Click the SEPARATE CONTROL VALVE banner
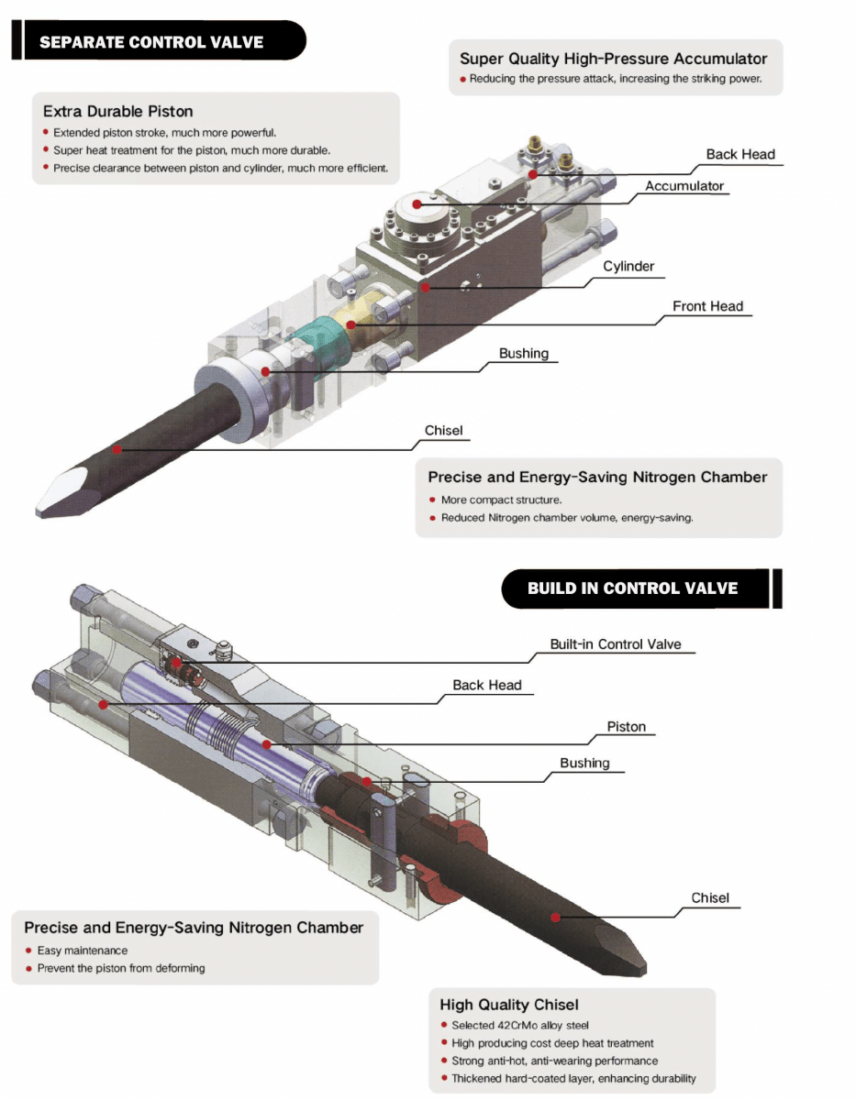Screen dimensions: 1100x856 [151, 42]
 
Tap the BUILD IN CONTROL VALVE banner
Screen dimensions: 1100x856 [632, 588]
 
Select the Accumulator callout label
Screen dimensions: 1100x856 [684, 186]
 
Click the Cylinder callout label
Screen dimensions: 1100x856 [628, 267]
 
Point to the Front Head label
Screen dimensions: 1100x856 [707, 306]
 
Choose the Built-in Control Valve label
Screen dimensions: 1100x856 [616, 644]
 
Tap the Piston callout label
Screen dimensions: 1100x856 [627, 727]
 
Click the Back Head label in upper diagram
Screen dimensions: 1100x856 [740, 154]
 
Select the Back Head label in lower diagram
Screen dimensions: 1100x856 [486, 685]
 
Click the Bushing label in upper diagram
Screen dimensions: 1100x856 [523, 353]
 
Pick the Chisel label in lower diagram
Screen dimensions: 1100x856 [710, 897]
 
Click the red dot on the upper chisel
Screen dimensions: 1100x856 [117, 449]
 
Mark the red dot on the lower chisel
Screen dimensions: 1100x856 [556, 917]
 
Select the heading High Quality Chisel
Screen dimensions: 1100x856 [508, 1005]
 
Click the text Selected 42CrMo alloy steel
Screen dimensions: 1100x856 [520, 1026]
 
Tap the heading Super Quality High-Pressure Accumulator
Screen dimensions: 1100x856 [613, 59]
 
